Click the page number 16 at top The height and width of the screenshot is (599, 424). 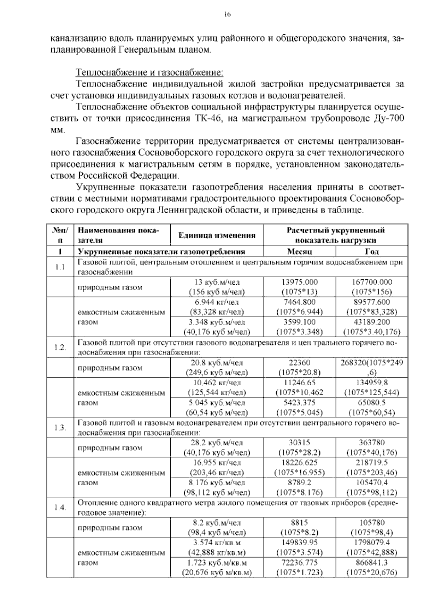(227, 14)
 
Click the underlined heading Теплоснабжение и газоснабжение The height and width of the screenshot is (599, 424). (149, 73)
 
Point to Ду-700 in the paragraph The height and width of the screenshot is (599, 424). (388, 119)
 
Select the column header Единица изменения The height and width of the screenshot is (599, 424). (217, 236)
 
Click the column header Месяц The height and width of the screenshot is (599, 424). (299, 251)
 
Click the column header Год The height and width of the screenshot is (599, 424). (372, 251)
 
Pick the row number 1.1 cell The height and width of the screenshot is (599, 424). (60, 267)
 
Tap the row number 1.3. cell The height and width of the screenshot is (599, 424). (60, 428)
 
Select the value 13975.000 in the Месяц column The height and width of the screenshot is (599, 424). (300, 282)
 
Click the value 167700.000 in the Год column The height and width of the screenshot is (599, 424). (372, 282)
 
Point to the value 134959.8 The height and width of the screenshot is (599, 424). (372, 383)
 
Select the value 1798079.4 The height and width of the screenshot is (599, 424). (372, 543)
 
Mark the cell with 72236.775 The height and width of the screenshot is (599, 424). (300, 563)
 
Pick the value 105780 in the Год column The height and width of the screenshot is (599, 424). (372, 523)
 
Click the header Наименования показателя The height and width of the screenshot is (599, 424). (118, 236)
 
